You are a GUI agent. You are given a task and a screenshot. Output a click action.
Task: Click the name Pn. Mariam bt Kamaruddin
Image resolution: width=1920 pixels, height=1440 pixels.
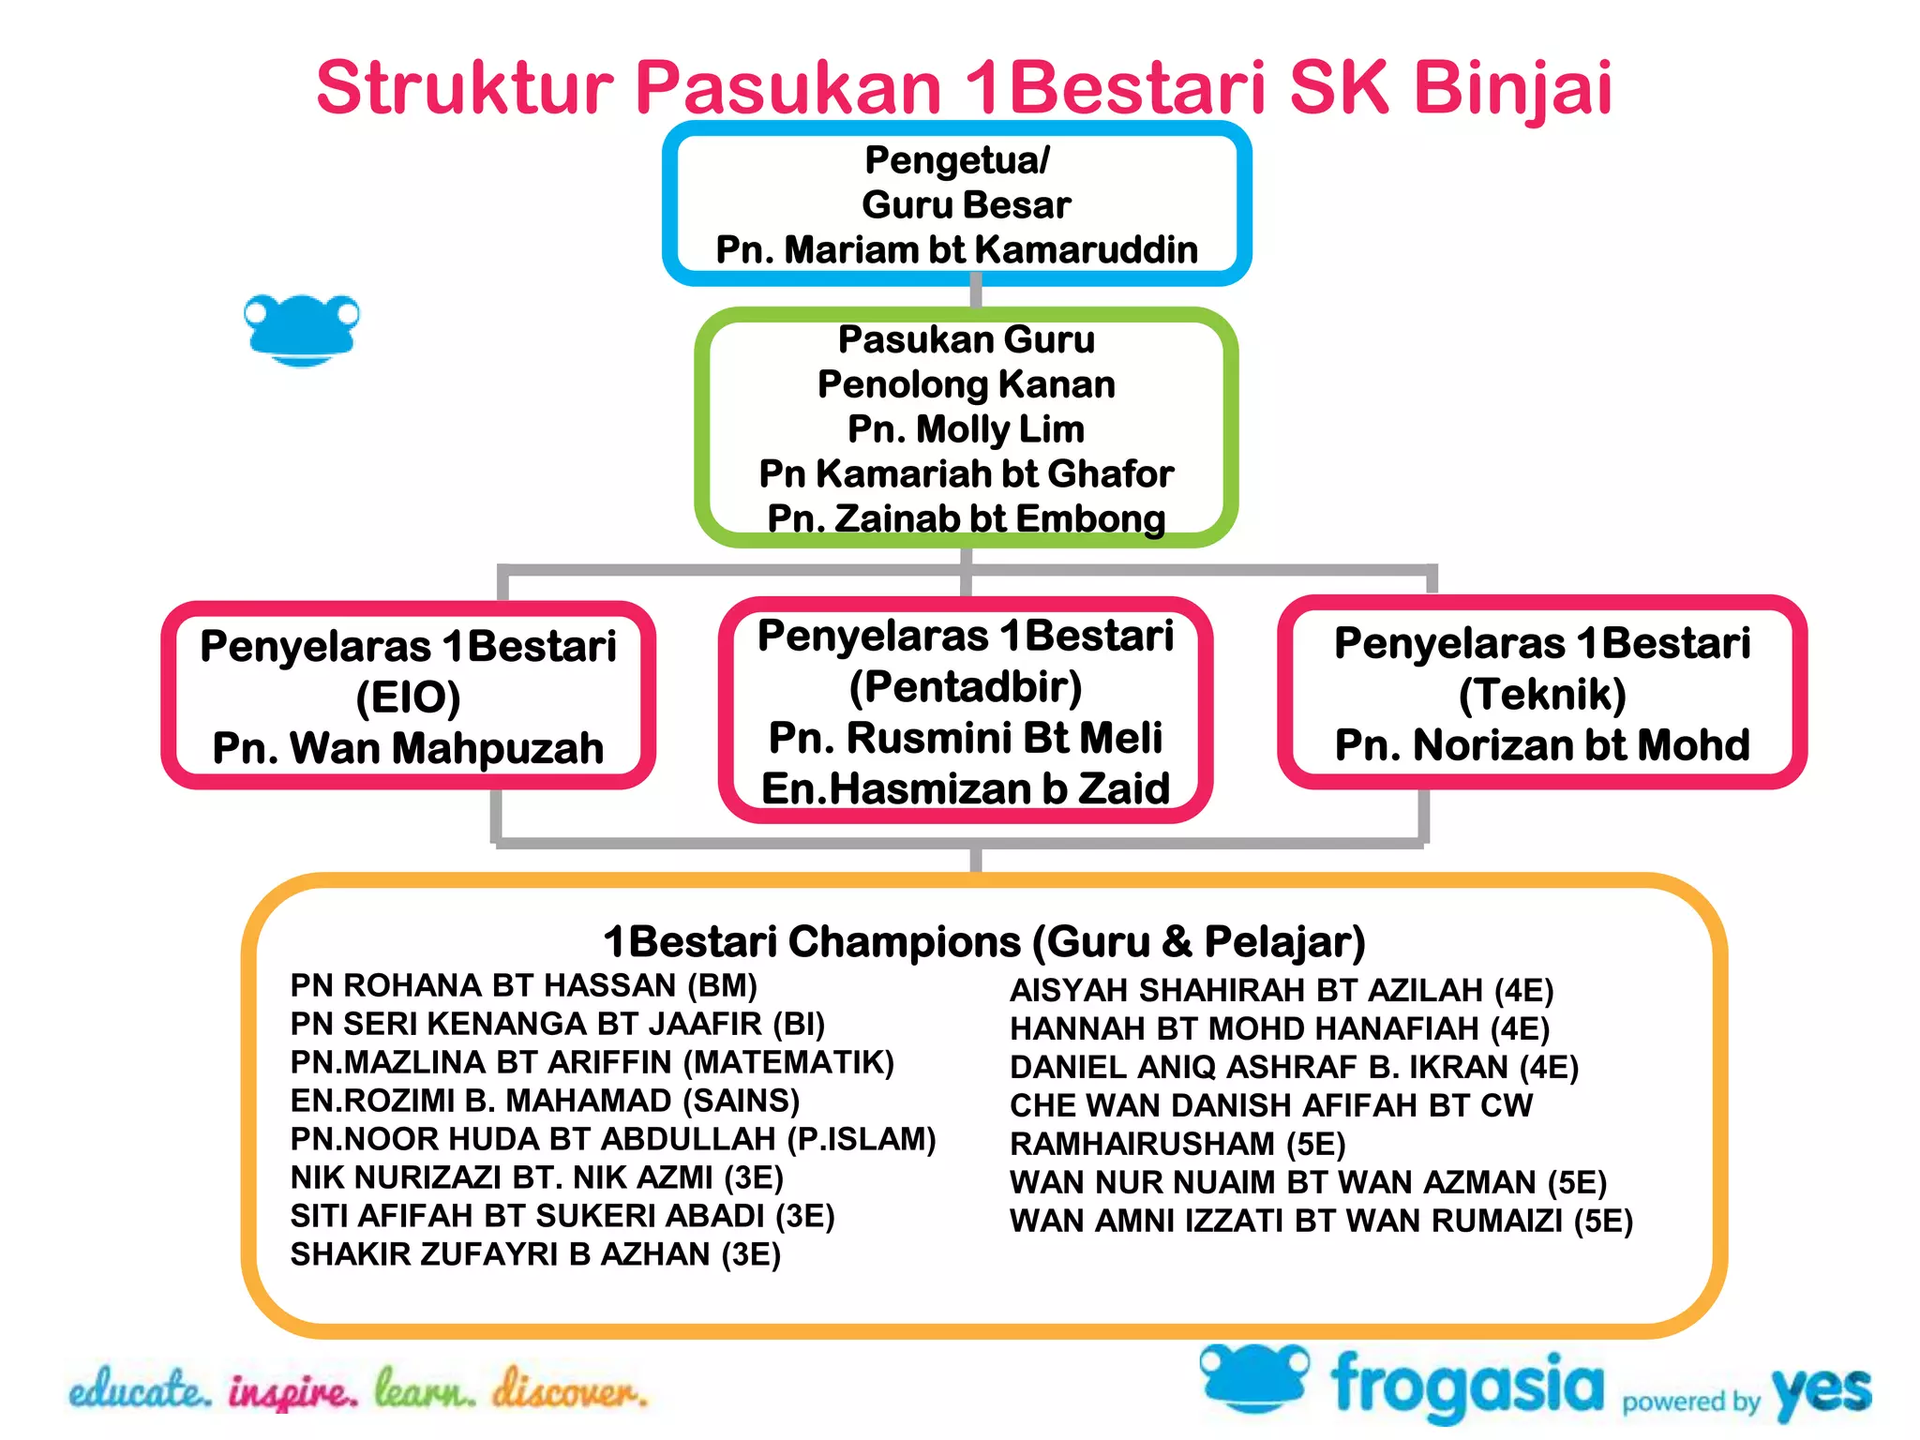[957, 250]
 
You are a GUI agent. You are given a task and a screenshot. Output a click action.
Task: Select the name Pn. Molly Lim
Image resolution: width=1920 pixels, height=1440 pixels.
[966, 429]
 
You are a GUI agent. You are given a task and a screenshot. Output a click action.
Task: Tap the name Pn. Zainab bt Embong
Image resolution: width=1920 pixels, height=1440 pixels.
[966, 518]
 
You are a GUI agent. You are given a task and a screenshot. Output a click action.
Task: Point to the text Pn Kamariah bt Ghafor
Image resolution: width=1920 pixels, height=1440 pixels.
[966, 474]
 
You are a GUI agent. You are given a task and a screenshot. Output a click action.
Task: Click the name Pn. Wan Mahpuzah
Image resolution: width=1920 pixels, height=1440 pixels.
[408, 748]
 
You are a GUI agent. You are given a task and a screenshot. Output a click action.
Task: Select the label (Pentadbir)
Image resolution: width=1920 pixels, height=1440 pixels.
[966, 687]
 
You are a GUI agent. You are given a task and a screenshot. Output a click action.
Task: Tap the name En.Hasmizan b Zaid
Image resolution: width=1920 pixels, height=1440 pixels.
[966, 788]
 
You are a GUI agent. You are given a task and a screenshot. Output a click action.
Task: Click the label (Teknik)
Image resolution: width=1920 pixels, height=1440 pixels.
[1542, 695]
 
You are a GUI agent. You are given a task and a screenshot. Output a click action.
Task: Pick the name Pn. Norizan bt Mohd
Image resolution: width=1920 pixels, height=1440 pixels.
[1542, 745]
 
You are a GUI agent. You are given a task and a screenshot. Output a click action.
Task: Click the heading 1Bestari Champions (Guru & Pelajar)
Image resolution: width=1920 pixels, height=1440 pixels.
[983, 941]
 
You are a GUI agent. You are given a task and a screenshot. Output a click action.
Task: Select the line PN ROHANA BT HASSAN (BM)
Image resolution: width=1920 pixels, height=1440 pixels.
[523, 985]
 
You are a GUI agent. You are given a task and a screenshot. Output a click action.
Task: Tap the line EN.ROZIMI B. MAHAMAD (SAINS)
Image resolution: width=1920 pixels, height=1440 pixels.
[545, 1101]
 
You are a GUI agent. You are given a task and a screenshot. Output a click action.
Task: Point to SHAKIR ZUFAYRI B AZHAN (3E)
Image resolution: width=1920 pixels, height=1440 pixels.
[535, 1254]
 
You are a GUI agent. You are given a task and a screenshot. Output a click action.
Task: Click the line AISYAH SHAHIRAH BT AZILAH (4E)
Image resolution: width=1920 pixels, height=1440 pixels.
[1282, 991]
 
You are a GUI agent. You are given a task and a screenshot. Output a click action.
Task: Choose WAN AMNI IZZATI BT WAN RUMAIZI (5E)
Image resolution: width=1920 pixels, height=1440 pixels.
[1321, 1222]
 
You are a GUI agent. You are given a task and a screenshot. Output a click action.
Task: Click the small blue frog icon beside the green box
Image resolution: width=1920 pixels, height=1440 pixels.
[301, 329]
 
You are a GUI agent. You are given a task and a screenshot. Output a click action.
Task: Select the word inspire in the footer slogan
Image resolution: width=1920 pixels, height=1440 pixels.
[292, 1391]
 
